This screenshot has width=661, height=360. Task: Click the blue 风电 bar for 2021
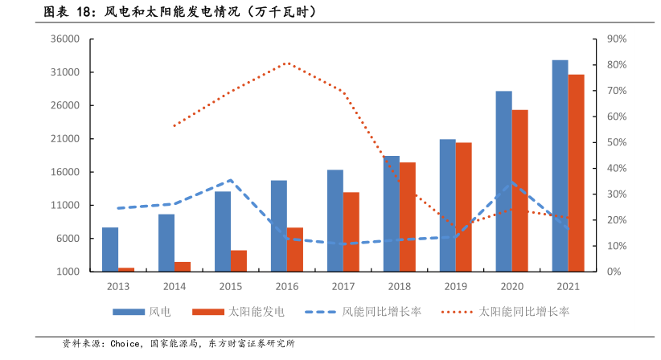pos(560,166)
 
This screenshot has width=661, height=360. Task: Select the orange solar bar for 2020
pos(520,190)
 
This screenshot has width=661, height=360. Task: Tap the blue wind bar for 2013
pos(110,249)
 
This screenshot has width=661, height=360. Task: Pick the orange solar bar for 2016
pos(295,249)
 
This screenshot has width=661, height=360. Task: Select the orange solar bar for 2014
pos(183,267)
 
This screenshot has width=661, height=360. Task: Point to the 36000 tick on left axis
pos(64,39)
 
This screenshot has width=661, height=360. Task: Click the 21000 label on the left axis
pos(64,139)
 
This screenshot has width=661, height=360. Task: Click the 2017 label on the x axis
pos(343,286)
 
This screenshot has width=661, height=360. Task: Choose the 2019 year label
pos(456,286)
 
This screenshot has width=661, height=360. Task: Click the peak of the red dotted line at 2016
pos(287,63)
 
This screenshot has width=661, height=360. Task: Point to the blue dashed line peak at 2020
pos(511,182)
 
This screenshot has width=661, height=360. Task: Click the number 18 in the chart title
pos(85,12)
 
